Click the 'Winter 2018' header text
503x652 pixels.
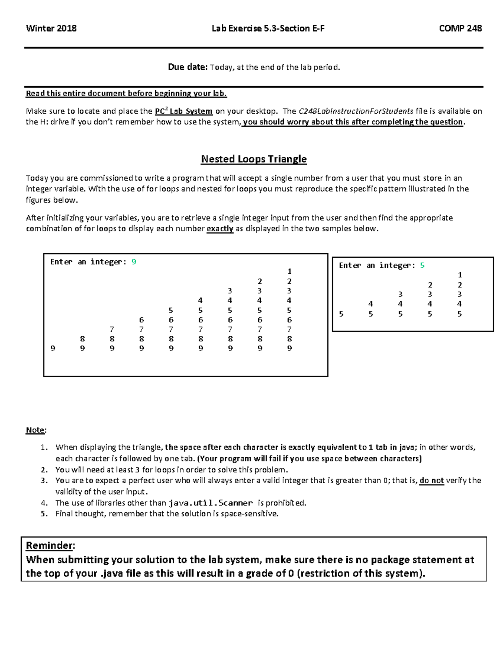(x=51, y=29)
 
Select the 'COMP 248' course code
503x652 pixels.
(x=460, y=29)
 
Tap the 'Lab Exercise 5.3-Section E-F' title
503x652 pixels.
(x=268, y=29)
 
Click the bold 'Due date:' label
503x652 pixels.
(x=187, y=67)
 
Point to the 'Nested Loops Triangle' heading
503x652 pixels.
(x=254, y=159)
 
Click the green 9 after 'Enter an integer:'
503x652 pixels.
(x=134, y=262)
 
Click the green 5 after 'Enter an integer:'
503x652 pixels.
(x=422, y=265)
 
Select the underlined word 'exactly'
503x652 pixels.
(x=220, y=229)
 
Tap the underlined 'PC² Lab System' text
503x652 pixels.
(x=184, y=111)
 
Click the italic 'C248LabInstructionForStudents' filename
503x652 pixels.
(x=355, y=111)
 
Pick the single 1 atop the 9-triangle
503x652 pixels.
(x=289, y=272)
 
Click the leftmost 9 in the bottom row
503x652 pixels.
(x=53, y=348)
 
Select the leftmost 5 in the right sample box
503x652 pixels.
(x=341, y=314)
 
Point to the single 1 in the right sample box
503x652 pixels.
(x=460, y=275)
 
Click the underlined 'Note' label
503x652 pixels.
(x=35, y=430)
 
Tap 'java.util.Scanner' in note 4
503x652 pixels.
(x=210, y=503)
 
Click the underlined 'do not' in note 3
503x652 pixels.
(x=431, y=481)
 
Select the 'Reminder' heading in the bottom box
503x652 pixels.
(x=49, y=545)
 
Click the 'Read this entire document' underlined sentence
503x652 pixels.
(x=126, y=94)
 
